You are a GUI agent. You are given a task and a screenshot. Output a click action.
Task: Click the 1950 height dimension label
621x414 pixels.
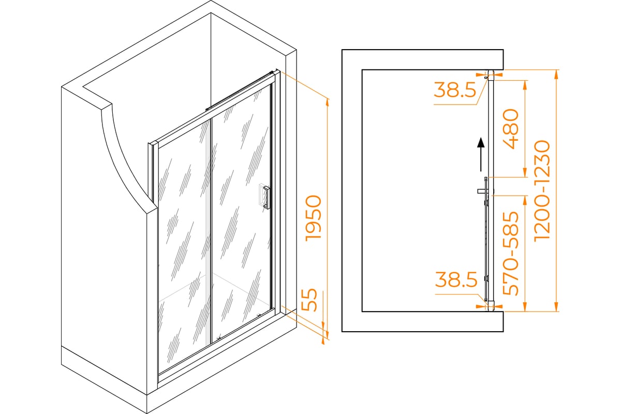[313, 218]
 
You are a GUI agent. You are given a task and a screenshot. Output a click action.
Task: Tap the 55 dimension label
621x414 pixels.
[308, 300]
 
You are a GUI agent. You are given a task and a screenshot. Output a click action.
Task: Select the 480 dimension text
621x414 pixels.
[510, 129]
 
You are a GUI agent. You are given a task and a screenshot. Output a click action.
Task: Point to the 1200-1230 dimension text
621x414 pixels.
[542, 191]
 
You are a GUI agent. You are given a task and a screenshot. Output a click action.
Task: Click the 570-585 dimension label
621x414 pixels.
[510, 254]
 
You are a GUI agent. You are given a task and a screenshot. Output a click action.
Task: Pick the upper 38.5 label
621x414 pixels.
[455, 90]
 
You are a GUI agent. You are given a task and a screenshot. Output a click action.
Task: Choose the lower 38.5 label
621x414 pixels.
[456, 279]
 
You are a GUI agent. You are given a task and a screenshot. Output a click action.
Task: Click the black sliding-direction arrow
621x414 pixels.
[481, 154]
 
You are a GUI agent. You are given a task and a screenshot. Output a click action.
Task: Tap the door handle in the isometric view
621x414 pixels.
[266, 198]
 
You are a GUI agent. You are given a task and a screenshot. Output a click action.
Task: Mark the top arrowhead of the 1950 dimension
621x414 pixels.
[327, 102]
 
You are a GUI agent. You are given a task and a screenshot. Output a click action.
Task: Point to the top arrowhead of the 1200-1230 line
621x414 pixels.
[556, 74]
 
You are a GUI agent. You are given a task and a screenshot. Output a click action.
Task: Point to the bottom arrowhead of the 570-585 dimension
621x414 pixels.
[525, 307]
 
